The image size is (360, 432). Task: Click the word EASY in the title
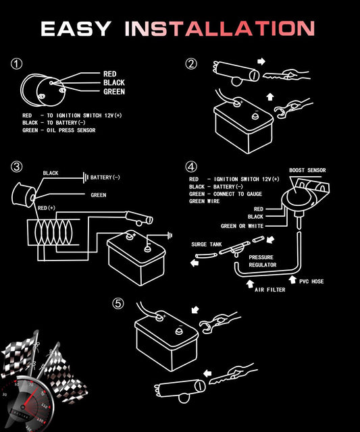click(x=76, y=28)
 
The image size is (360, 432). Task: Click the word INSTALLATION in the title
click(x=220, y=28)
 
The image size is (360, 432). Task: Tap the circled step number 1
click(x=16, y=64)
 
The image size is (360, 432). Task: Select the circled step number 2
click(x=191, y=64)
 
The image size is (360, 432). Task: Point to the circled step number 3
click(x=16, y=167)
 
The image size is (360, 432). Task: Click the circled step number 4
click(x=191, y=167)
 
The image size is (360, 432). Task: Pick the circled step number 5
click(x=118, y=304)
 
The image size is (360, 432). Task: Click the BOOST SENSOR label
click(x=307, y=170)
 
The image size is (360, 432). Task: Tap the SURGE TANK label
click(x=207, y=244)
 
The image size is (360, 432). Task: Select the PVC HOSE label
click(x=311, y=281)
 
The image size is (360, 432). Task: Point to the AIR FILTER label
click(x=270, y=290)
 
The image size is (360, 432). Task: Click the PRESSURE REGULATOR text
click(x=263, y=261)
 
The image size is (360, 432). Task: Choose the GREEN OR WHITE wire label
click(x=242, y=226)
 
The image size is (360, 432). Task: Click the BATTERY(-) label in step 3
click(x=105, y=178)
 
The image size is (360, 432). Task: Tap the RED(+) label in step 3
click(x=47, y=208)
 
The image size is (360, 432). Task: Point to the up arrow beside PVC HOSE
click(x=292, y=279)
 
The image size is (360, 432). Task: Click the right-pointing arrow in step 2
click(x=261, y=61)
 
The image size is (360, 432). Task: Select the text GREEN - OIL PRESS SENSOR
click(x=59, y=130)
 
